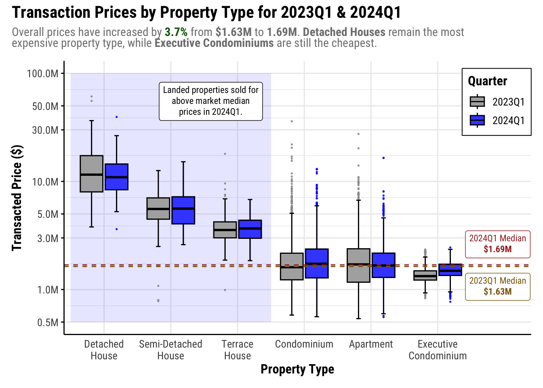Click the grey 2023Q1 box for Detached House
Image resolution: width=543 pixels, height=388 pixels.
[92, 173]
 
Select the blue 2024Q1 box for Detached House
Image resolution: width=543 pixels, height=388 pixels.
[116, 177]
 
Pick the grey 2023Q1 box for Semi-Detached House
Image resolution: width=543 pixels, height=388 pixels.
[158, 209]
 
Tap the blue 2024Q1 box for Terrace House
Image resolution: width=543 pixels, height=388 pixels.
[250, 229]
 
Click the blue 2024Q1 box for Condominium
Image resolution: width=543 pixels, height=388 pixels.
[317, 263]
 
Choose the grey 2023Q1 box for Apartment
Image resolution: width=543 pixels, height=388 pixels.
[358, 265]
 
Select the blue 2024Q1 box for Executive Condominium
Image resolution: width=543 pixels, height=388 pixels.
[450, 270]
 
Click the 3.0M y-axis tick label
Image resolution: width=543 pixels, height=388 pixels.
[48, 238]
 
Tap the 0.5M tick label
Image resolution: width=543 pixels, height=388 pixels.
[48, 323]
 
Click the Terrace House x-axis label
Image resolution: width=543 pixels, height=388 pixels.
[238, 350]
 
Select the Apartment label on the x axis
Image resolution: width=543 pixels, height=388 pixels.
[371, 344]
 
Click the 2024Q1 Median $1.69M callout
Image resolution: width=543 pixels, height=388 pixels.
[498, 244]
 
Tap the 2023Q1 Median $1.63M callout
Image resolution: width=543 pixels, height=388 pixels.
[498, 286]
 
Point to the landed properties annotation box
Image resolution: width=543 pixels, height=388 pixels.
[211, 101]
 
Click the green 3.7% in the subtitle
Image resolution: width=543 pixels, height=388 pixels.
[176, 32]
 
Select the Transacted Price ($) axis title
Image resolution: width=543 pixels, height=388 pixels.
[17, 198]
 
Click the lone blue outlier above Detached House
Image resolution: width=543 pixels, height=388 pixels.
[117, 117]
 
